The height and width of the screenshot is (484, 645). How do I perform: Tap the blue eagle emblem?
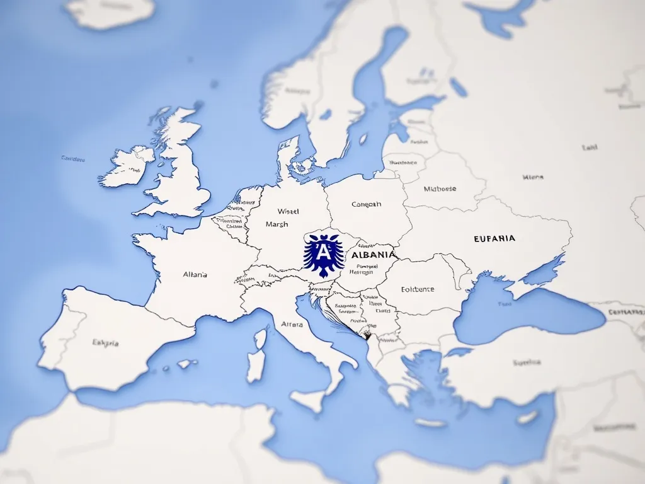point(324,255)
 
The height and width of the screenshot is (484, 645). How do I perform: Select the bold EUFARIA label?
point(494,239)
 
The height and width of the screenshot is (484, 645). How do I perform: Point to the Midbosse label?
point(440,188)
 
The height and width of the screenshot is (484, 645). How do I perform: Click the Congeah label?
point(366,204)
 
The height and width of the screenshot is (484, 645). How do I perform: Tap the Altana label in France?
point(195,275)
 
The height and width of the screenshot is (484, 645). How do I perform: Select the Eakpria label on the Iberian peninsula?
point(105,343)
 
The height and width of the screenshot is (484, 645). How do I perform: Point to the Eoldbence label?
point(418,290)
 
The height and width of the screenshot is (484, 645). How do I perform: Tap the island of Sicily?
point(308,401)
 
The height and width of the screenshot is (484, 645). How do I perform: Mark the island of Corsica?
point(260,339)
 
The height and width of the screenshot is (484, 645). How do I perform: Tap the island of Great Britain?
point(180,170)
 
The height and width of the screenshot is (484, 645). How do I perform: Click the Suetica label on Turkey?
point(527,362)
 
